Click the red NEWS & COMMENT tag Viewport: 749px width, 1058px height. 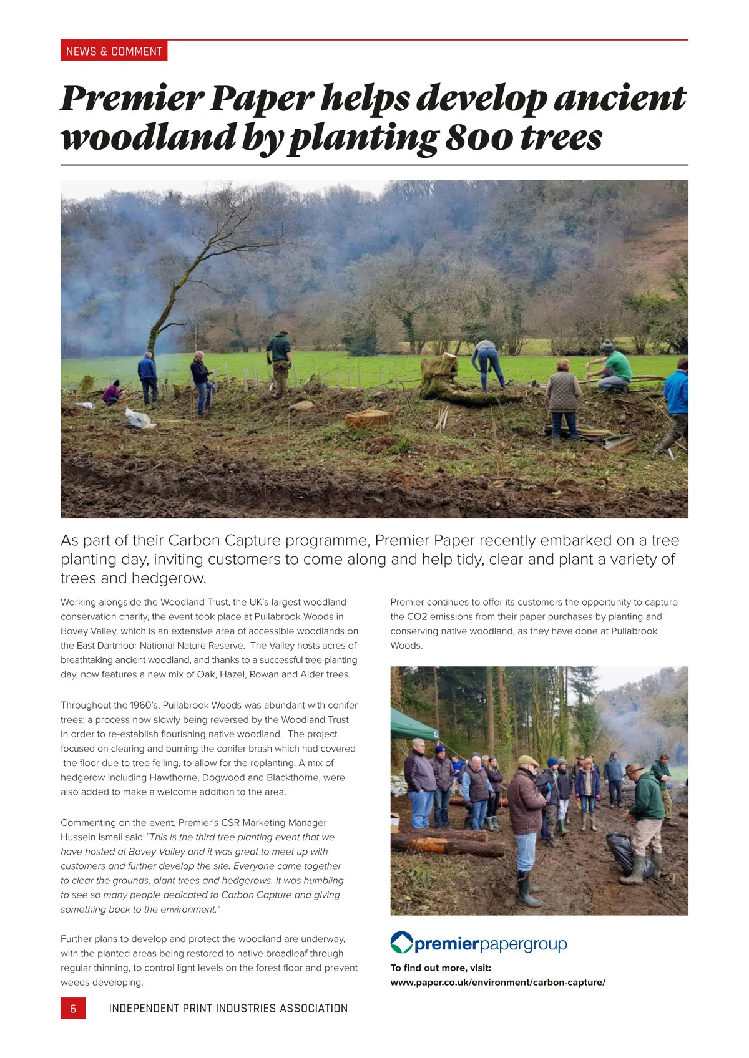coord(114,51)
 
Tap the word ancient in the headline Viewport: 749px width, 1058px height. coord(620,99)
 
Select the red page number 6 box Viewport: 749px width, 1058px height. coord(73,1008)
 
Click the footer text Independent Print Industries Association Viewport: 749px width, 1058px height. coord(228,1008)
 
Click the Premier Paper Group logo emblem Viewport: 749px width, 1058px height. coord(401,943)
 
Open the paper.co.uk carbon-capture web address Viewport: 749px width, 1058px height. coord(497,982)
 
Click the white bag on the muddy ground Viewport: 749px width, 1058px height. coord(139,418)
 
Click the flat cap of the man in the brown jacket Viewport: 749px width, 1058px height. coord(528,761)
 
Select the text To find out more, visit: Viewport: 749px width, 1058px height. coord(441,968)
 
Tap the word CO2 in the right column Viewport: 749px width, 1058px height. coord(417,617)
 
